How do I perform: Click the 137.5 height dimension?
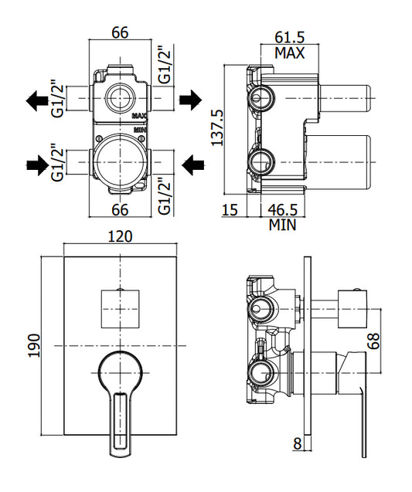pyautogui.click(x=217, y=127)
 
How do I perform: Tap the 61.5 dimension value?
pyautogui.click(x=290, y=37)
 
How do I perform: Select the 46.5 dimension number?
pyautogui.click(x=282, y=210)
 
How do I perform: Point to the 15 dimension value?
pyautogui.click(x=230, y=210)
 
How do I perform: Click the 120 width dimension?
pyautogui.click(x=120, y=236)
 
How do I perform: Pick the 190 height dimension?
pyautogui.click(x=34, y=345)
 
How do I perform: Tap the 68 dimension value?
pyautogui.click(x=373, y=341)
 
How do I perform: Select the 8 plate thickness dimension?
pyautogui.click(x=297, y=443)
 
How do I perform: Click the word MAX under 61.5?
pyautogui.click(x=290, y=53)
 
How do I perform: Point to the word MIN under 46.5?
pyautogui.click(x=282, y=225)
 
